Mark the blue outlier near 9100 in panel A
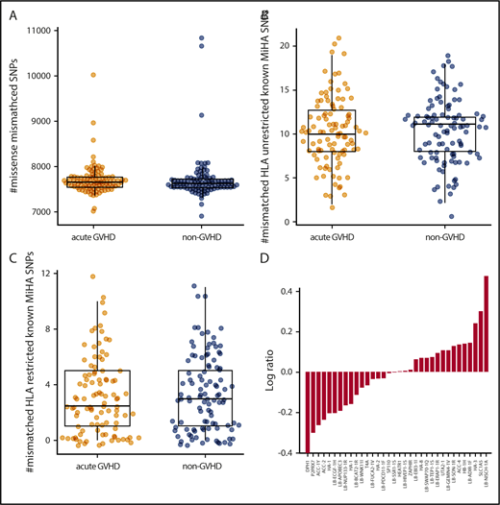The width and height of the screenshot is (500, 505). click(175, 115)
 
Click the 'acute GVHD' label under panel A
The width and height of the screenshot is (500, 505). click(93, 236)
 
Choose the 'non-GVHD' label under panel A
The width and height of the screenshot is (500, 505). click(177, 236)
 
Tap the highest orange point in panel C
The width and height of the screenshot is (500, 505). click(92, 277)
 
